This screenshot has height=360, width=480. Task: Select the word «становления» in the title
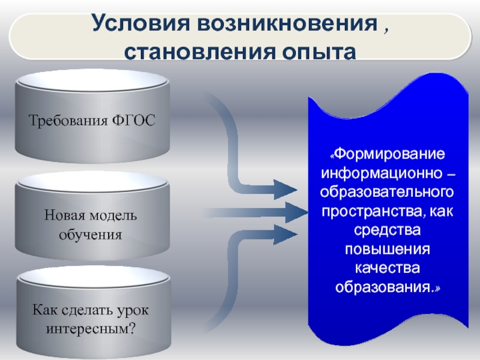pyautogui.click(x=193, y=52)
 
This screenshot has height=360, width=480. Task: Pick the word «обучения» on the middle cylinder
pyautogui.click(x=91, y=234)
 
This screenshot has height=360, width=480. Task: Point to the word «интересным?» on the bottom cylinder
pyautogui.click(x=91, y=329)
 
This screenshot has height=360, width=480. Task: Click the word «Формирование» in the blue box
pyautogui.click(x=390, y=154)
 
